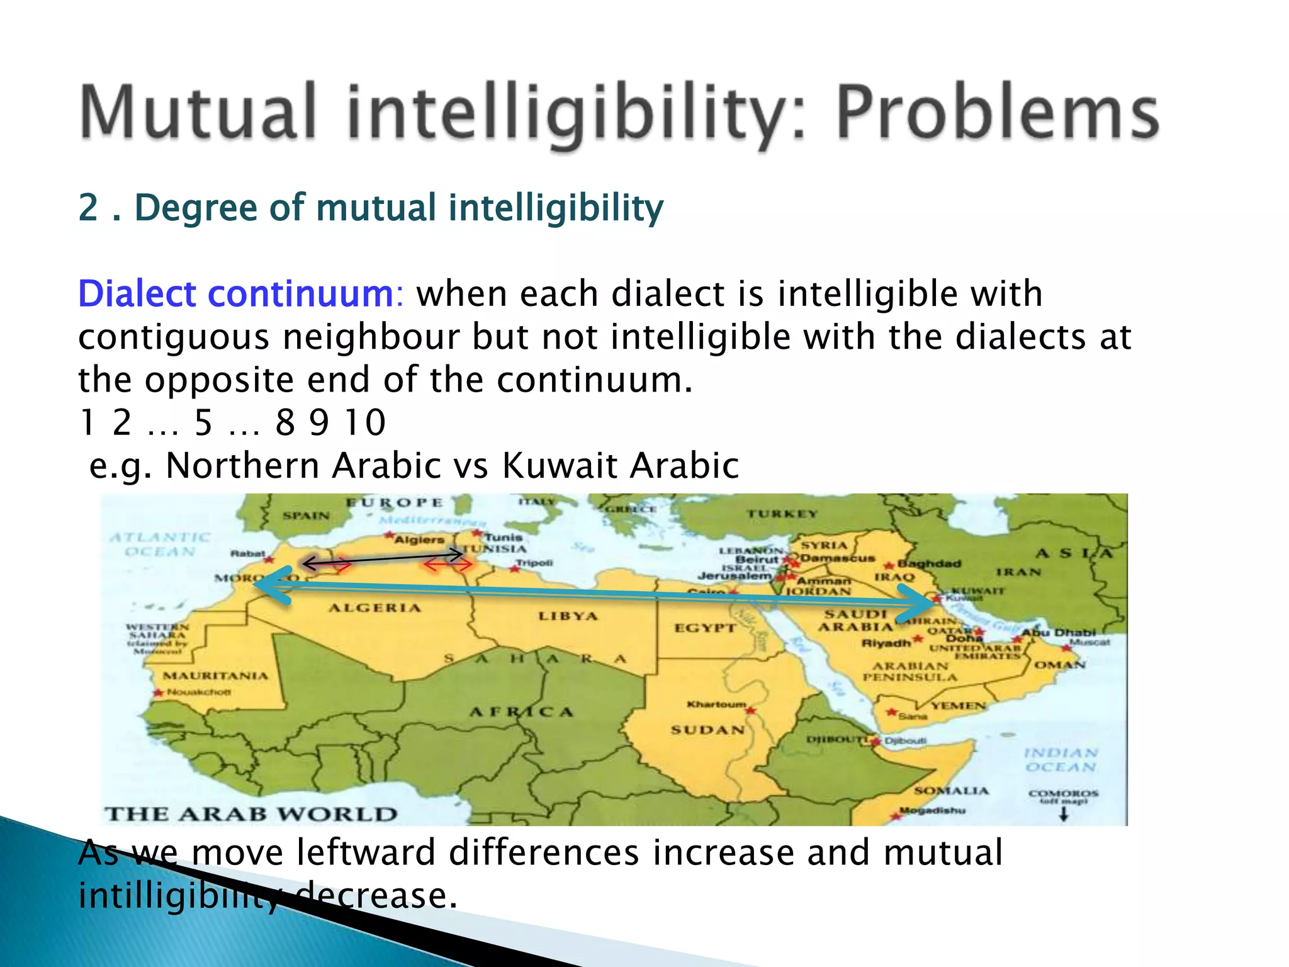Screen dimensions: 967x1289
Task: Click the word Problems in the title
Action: click(x=997, y=113)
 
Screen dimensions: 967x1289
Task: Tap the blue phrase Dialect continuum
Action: click(x=235, y=294)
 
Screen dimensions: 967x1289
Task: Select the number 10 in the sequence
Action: click(x=365, y=422)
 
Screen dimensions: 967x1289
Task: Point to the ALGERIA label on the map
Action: click(x=374, y=608)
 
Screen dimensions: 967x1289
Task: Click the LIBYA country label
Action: click(x=568, y=616)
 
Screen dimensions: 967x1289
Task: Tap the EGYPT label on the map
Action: click(x=705, y=628)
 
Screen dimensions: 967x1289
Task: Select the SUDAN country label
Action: click(x=707, y=730)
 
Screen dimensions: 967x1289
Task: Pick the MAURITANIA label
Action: click(x=215, y=676)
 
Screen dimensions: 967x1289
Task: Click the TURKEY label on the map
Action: click(x=782, y=514)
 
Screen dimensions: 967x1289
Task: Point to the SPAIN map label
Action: click(x=306, y=516)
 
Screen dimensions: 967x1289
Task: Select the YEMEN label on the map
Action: click(x=959, y=706)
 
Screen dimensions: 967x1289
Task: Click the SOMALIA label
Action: click(x=951, y=791)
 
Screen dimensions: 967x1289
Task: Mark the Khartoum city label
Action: click(x=716, y=704)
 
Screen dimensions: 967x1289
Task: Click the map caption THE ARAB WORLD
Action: click(x=251, y=814)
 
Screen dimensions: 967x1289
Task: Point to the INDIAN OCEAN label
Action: click(x=1061, y=760)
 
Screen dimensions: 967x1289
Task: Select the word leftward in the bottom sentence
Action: click(x=366, y=853)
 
